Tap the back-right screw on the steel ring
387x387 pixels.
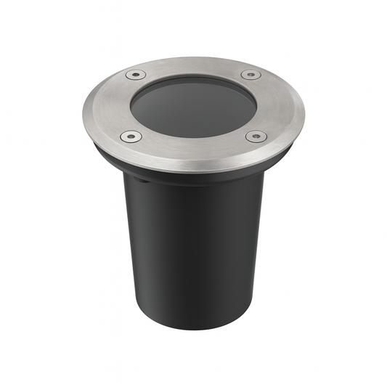[250, 74]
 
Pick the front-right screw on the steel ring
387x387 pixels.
[256, 136]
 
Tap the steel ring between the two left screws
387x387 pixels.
[105, 106]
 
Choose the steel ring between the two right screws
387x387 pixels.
[280, 106]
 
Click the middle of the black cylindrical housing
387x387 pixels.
[192, 247]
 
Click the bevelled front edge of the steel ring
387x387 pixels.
[192, 168]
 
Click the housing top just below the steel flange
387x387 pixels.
[192, 183]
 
